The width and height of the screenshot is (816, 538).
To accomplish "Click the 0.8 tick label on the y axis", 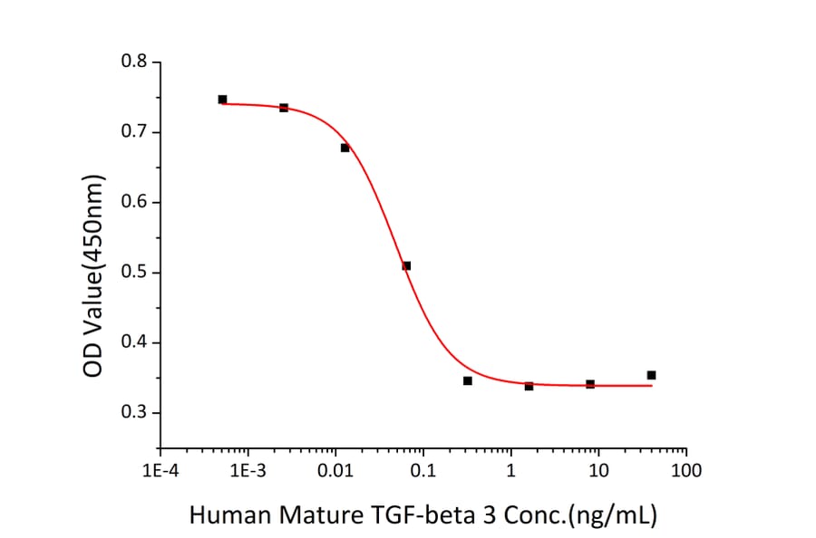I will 135,62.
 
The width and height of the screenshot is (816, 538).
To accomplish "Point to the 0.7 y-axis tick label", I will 135,132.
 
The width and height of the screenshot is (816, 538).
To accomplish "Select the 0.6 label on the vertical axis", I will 135,203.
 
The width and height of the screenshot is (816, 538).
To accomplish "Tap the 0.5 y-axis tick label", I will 135,273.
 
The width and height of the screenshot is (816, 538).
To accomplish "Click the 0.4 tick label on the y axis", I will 135,343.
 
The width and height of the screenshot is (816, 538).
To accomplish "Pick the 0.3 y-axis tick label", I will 135,413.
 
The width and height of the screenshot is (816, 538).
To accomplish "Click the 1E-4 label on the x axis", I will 160,471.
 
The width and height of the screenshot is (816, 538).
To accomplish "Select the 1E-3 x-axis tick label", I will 248,471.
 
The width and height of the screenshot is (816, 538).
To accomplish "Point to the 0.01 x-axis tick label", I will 335,471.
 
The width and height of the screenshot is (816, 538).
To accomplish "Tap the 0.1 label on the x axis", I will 423,471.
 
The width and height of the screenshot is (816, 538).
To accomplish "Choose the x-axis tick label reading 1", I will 510,471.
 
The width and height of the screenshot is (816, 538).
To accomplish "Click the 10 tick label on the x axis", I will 598,471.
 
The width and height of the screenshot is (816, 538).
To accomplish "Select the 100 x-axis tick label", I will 686,471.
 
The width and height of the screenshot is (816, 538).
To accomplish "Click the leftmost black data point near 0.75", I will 222,100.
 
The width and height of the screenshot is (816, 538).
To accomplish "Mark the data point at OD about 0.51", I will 406,265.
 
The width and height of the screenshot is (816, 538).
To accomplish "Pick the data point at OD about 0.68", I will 345,148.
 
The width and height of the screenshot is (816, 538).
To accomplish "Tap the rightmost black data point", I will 651,375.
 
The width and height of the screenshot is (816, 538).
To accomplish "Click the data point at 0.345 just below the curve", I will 467,380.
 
